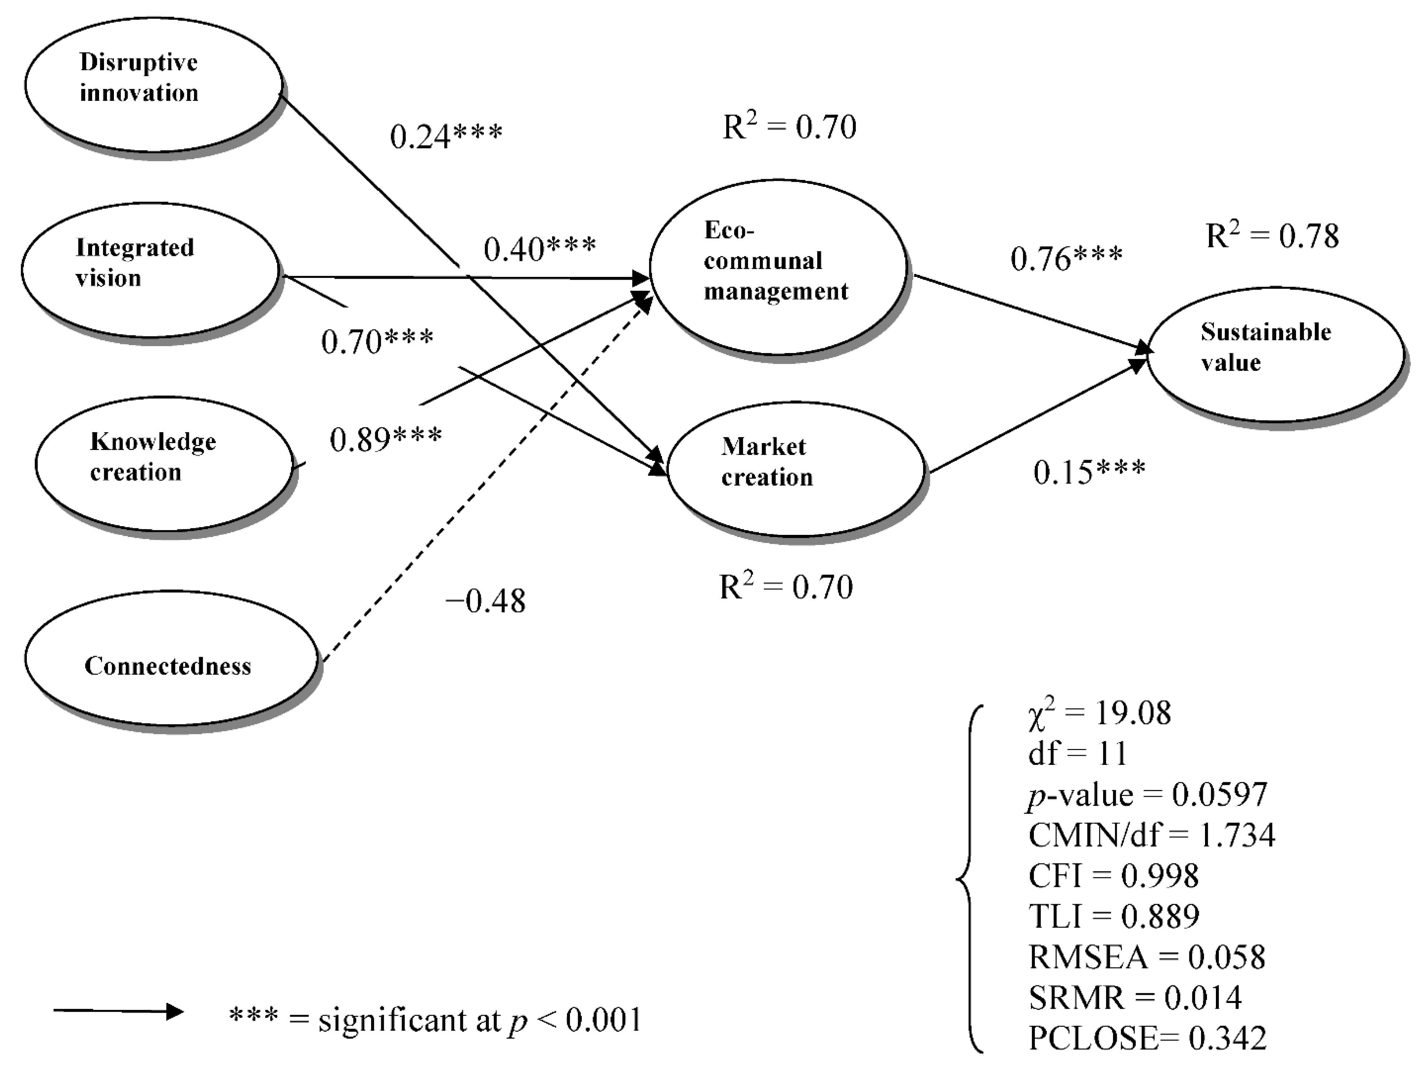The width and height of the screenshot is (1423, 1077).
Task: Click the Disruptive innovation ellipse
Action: coord(153,85)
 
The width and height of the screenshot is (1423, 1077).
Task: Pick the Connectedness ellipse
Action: coord(170,658)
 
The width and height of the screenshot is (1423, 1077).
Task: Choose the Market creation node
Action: coord(795,468)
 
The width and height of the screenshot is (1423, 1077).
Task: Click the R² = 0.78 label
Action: coord(1272,236)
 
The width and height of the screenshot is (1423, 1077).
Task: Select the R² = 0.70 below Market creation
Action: coord(785,587)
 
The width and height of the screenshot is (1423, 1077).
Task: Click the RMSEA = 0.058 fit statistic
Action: coord(1146,957)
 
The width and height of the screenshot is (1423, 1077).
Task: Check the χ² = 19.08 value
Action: coord(1099,713)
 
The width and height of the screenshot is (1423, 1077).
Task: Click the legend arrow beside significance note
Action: coord(119,1011)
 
